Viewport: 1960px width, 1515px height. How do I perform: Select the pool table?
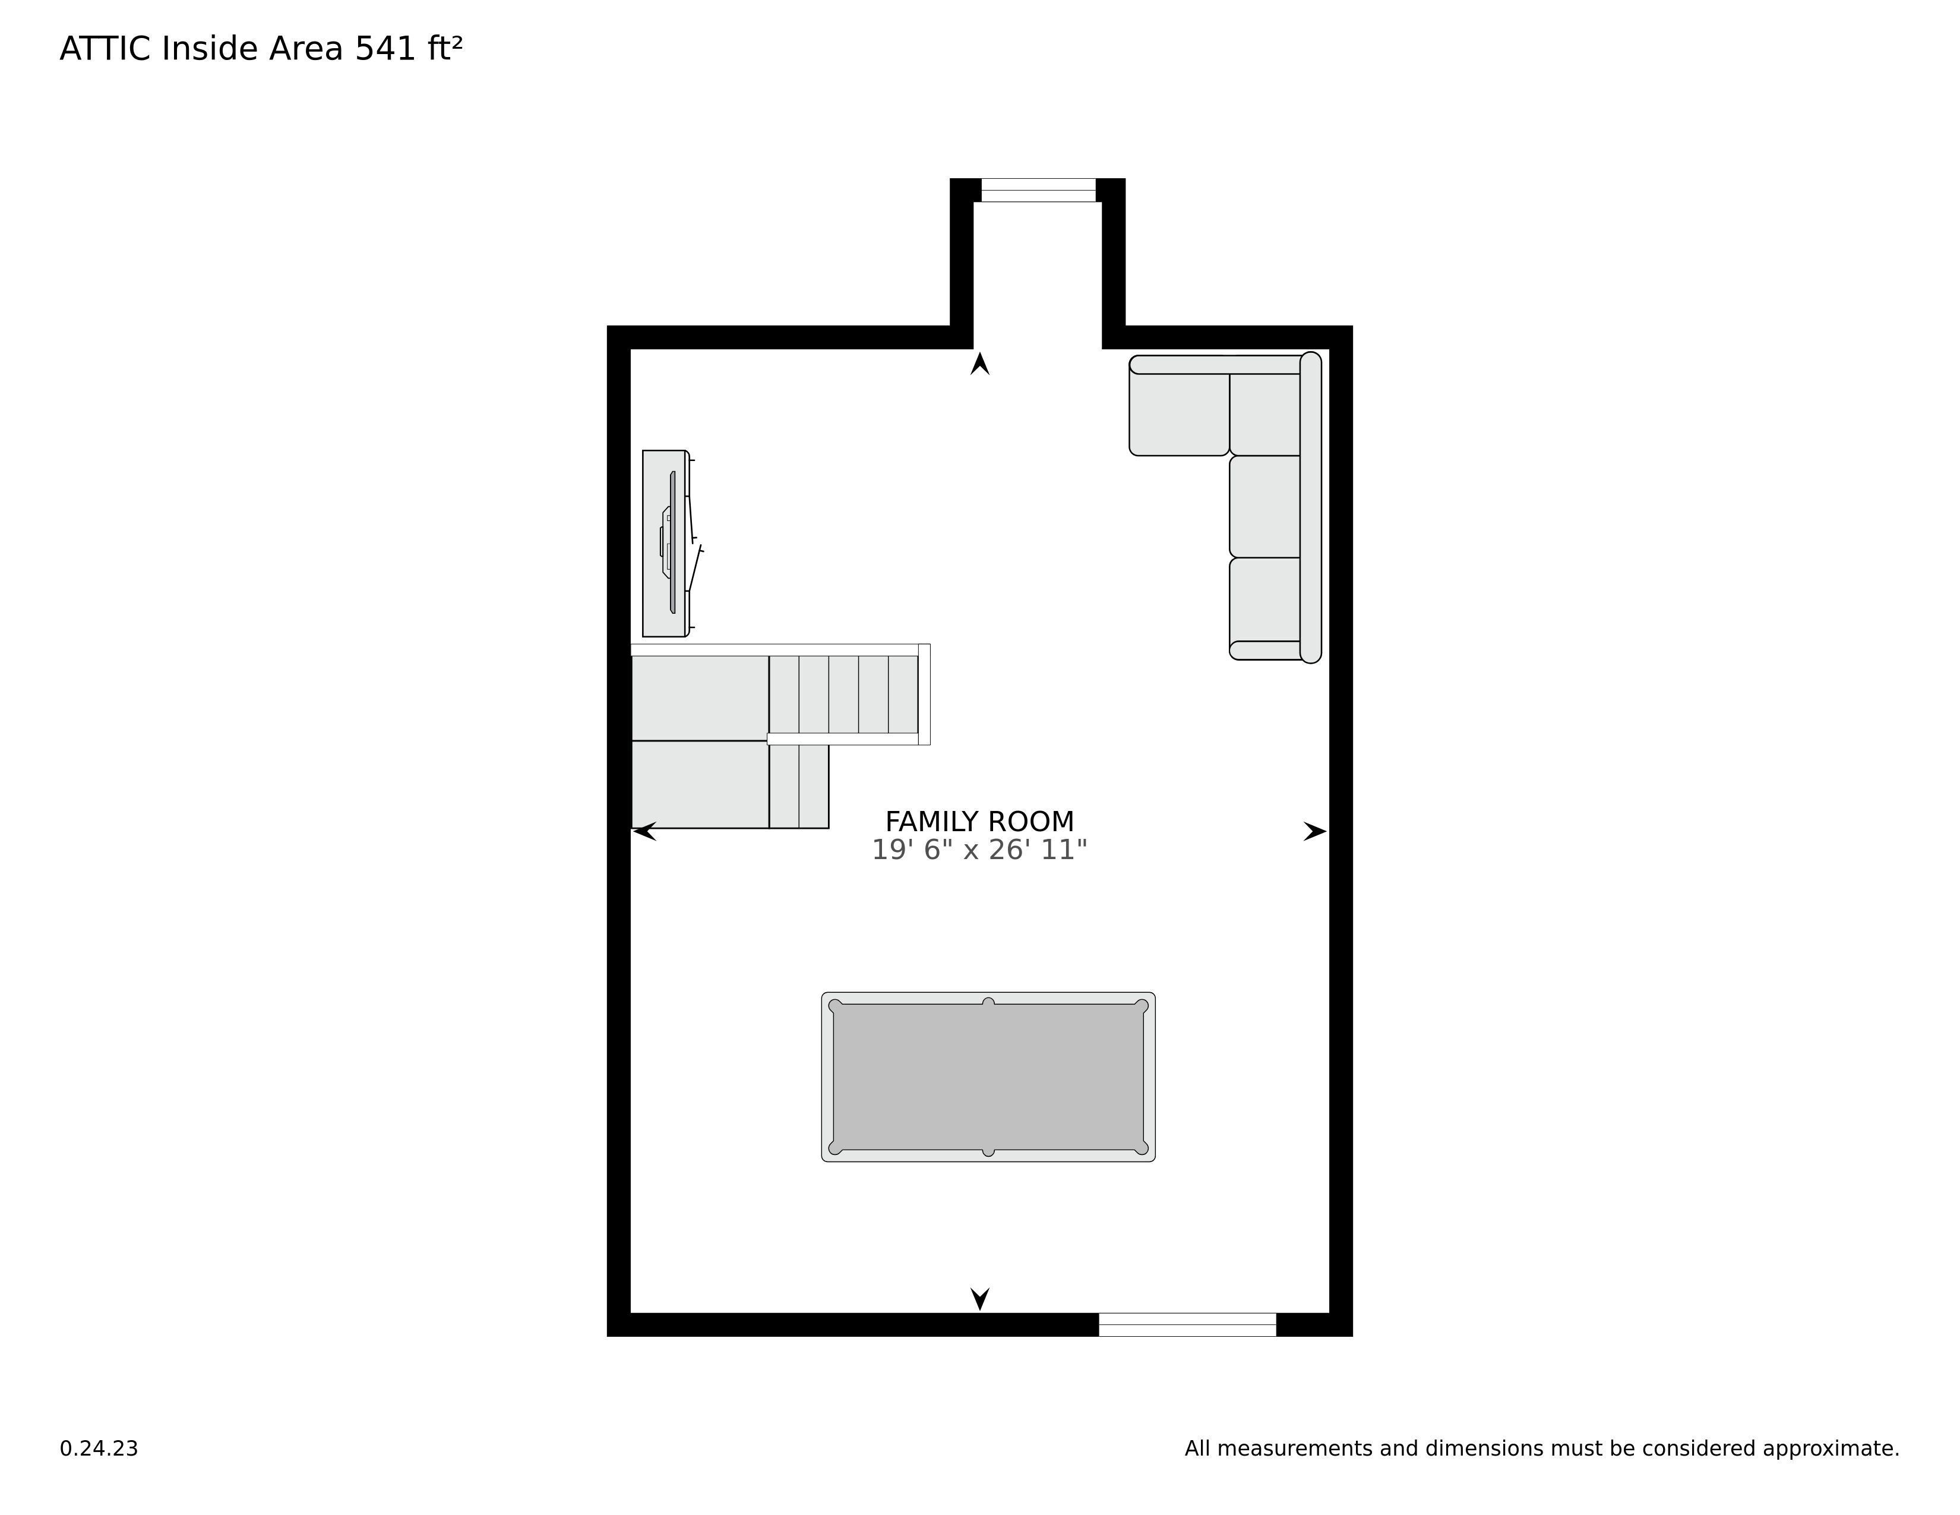click(x=988, y=1077)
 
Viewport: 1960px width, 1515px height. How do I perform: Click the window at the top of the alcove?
click(x=1038, y=190)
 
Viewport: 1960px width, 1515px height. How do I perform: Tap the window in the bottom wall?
click(x=1187, y=1325)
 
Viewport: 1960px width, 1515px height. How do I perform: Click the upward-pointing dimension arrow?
click(x=980, y=364)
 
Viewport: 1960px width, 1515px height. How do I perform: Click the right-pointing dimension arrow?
click(x=1316, y=832)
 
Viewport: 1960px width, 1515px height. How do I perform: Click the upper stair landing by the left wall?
click(x=700, y=698)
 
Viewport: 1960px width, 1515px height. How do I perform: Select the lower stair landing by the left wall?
click(x=700, y=784)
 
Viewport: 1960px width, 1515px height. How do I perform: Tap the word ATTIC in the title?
click(x=105, y=49)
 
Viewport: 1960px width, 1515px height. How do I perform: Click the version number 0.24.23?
click(x=99, y=1448)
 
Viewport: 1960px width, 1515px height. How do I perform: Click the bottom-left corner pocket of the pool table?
click(x=836, y=1148)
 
